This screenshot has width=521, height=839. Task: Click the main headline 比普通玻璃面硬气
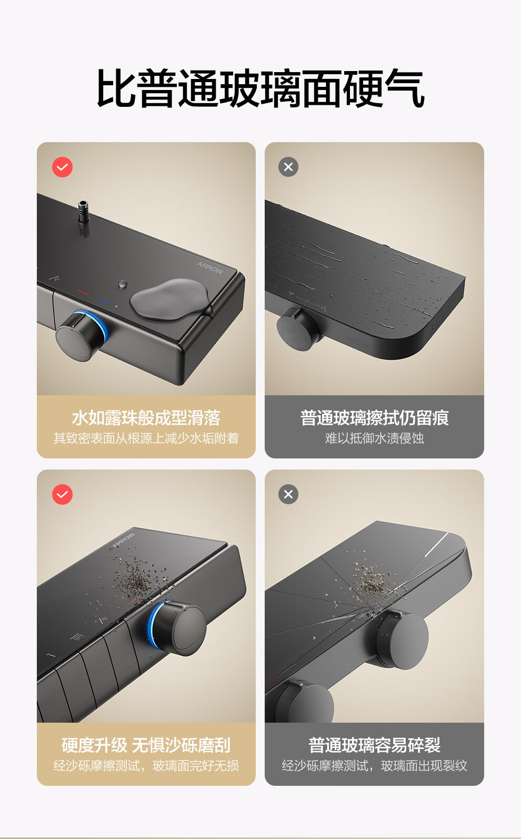tap(260, 88)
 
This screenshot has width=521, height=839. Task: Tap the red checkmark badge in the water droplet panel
tap(62, 167)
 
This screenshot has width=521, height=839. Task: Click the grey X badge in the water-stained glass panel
tap(288, 167)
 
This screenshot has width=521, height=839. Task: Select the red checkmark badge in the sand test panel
tap(62, 494)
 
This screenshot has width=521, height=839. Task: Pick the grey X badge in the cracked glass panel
tap(288, 494)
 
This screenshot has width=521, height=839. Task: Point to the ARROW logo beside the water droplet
tap(210, 267)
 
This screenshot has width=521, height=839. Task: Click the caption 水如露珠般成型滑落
tap(146, 417)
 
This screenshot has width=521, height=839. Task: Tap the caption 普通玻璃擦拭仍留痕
tap(375, 417)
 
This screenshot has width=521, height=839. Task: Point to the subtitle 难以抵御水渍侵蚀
tap(375, 438)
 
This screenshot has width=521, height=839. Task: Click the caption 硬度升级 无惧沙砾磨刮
tap(146, 745)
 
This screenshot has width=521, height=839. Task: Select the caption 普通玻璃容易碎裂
tap(375, 745)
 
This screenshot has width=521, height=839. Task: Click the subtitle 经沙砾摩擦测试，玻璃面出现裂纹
tap(375, 765)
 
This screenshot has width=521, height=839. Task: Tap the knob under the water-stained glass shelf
tap(298, 329)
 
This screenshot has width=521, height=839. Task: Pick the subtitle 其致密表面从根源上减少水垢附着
tap(146, 438)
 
